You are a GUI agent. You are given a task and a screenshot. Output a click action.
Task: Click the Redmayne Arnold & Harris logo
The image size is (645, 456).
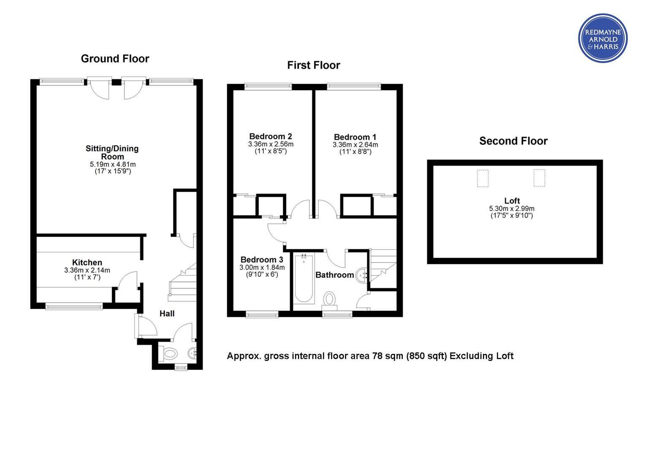(603, 38)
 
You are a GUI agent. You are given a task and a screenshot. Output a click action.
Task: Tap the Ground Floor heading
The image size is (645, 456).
(115, 59)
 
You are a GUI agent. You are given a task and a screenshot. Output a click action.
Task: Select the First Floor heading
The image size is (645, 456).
(314, 65)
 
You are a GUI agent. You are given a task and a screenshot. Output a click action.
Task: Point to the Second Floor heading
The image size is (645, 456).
(513, 141)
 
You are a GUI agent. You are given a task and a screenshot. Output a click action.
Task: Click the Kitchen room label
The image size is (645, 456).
(87, 263)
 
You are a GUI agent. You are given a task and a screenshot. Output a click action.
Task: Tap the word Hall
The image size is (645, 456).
(167, 313)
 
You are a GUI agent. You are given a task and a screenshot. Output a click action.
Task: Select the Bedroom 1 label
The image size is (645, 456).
(355, 137)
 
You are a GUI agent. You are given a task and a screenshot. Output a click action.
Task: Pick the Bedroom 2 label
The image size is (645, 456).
(271, 136)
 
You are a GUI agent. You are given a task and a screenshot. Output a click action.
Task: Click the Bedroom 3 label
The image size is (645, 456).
(262, 260)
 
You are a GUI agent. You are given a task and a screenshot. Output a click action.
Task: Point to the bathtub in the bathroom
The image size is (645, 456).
(304, 279)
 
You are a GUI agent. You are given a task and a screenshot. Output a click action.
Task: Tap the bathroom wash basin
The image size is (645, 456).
(362, 276)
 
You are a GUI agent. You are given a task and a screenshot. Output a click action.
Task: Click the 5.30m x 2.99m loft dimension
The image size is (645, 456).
(512, 209)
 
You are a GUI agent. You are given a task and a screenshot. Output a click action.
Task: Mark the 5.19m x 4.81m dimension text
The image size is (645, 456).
(113, 165)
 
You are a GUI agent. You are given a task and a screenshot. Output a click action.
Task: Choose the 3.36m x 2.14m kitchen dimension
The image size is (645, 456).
(87, 271)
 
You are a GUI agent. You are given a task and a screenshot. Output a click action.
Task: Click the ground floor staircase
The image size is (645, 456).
(182, 282)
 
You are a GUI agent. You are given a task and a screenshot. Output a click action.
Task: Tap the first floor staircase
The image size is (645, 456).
(383, 269)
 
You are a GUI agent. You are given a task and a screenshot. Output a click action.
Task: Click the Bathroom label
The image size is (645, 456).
(335, 275)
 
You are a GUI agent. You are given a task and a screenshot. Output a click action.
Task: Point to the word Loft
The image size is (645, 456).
(512, 201)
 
